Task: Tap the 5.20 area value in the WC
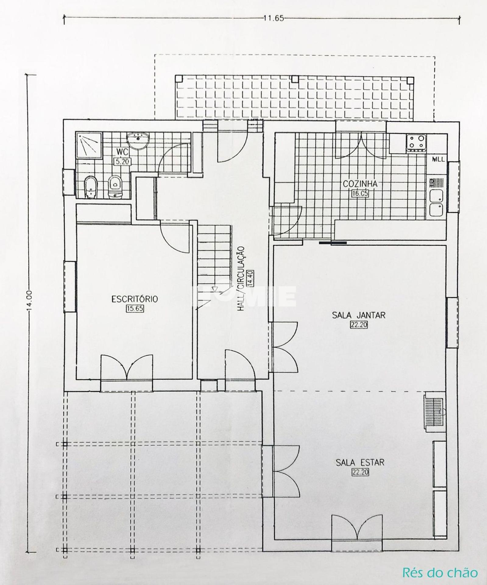tap(122, 161)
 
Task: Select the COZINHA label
tap(360, 184)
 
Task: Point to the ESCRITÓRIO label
tap(135, 299)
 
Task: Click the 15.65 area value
tap(135, 309)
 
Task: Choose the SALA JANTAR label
tap(358, 315)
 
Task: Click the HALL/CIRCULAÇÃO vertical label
tap(241, 278)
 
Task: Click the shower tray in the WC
tap(89, 145)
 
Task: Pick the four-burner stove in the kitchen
tap(416, 143)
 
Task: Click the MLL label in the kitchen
tap(439, 159)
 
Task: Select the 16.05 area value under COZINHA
tap(360, 193)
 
